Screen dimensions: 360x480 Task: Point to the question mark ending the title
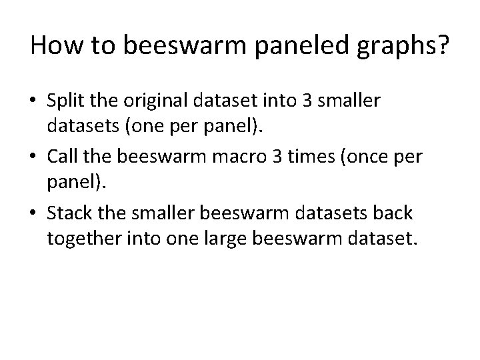442,46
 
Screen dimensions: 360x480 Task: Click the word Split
68,101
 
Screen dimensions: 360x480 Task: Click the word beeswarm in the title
168,47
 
